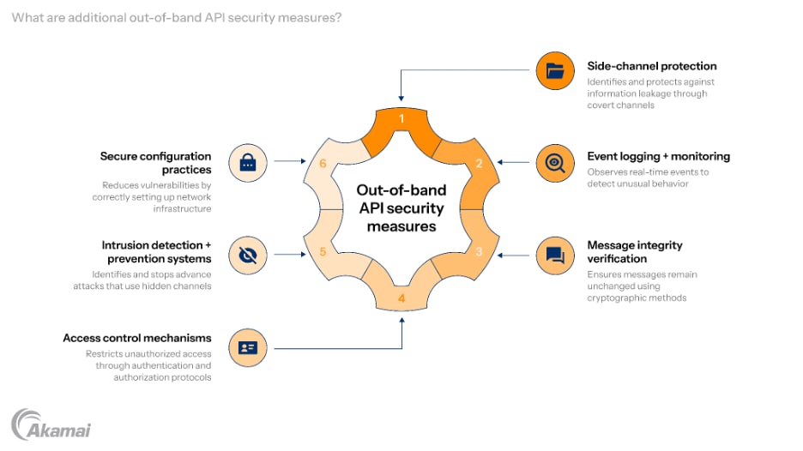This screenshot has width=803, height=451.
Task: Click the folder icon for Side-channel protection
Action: pyautogui.click(x=555, y=71)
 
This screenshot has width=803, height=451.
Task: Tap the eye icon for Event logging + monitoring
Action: pyautogui.click(x=555, y=163)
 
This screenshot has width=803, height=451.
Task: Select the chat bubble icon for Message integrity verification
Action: pyautogui.click(x=555, y=255)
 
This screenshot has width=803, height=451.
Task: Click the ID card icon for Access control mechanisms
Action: pyautogui.click(x=248, y=347)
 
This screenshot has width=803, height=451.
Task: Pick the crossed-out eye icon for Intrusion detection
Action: pyautogui.click(x=248, y=255)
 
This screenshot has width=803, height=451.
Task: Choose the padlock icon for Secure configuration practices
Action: pyautogui.click(x=248, y=163)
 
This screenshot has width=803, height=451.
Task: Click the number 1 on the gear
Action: pyautogui.click(x=401, y=119)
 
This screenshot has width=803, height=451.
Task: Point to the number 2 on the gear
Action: pyautogui.click(x=480, y=164)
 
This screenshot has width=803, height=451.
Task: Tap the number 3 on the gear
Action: pyautogui.click(x=480, y=252)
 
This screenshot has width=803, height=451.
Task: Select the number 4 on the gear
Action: pyautogui.click(x=401, y=299)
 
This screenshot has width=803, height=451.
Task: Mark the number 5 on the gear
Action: pyautogui.click(x=323, y=252)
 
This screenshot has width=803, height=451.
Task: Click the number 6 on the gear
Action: pyautogui.click(x=323, y=164)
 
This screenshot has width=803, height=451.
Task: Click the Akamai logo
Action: pyautogui.click(x=51, y=425)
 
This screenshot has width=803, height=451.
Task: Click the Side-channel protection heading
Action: pyautogui.click(x=651, y=66)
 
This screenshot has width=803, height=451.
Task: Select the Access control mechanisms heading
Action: pyautogui.click(x=137, y=338)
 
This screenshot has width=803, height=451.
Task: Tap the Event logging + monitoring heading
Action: pyautogui.click(x=658, y=156)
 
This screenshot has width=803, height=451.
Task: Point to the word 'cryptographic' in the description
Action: pyautogui.click(x=616, y=298)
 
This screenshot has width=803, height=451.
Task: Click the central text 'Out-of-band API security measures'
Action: pyautogui.click(x=401, y=208)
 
